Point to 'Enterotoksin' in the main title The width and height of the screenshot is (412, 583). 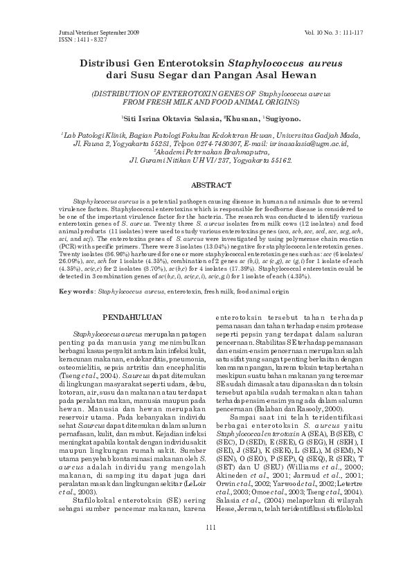click(188, 62)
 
